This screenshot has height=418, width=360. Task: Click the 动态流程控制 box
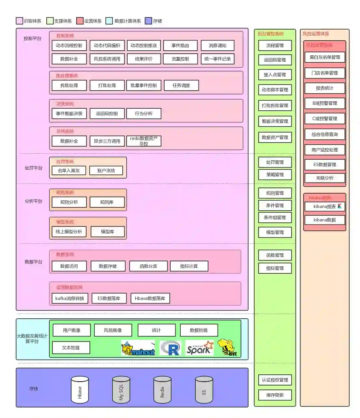(x=69, y=46)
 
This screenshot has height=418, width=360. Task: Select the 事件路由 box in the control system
(x=180, y=46)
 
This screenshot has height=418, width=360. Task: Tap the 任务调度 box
(x=181, y=86)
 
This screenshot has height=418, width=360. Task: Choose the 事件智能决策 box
(x=69, y=114)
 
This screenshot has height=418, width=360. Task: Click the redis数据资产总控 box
(x=144, y=141)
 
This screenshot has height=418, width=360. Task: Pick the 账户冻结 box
(x=106, y=171)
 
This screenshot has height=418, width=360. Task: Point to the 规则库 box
(x=107, y=202)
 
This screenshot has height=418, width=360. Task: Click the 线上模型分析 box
(x=69, y=232)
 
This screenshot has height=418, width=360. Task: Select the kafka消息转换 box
(x=70, y=299)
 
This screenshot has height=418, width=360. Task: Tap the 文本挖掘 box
(x=71, y=348)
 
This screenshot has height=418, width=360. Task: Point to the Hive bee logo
(x=228, y=347)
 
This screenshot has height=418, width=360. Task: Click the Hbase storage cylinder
(x=80, y=390)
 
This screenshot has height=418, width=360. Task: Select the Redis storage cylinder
(x=162, y=390)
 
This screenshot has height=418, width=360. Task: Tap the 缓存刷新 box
(x=275, y=395)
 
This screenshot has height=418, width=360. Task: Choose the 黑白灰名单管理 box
(x=325, y=57)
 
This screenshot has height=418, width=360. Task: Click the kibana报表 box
(x=325, y=207)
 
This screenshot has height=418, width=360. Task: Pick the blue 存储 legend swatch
(x=148, y=21)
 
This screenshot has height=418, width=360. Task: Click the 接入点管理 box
(x=275, y=75)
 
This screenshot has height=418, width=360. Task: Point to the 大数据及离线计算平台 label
(x=32, y=338)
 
